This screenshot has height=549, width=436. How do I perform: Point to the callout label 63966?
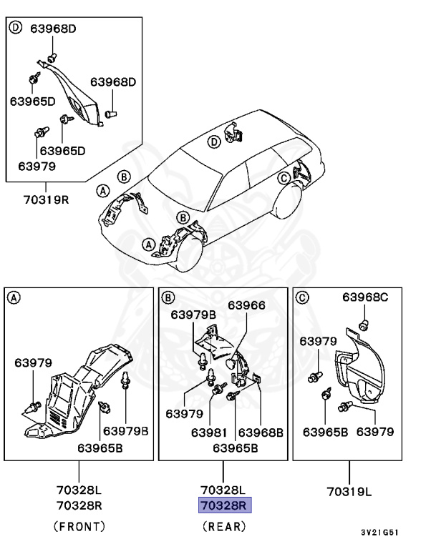pos(246,305)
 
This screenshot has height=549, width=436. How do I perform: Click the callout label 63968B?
pos(261,432)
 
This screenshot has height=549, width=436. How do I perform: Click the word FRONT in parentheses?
pos(79,527)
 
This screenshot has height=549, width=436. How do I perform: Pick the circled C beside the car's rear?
pos(284,177)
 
